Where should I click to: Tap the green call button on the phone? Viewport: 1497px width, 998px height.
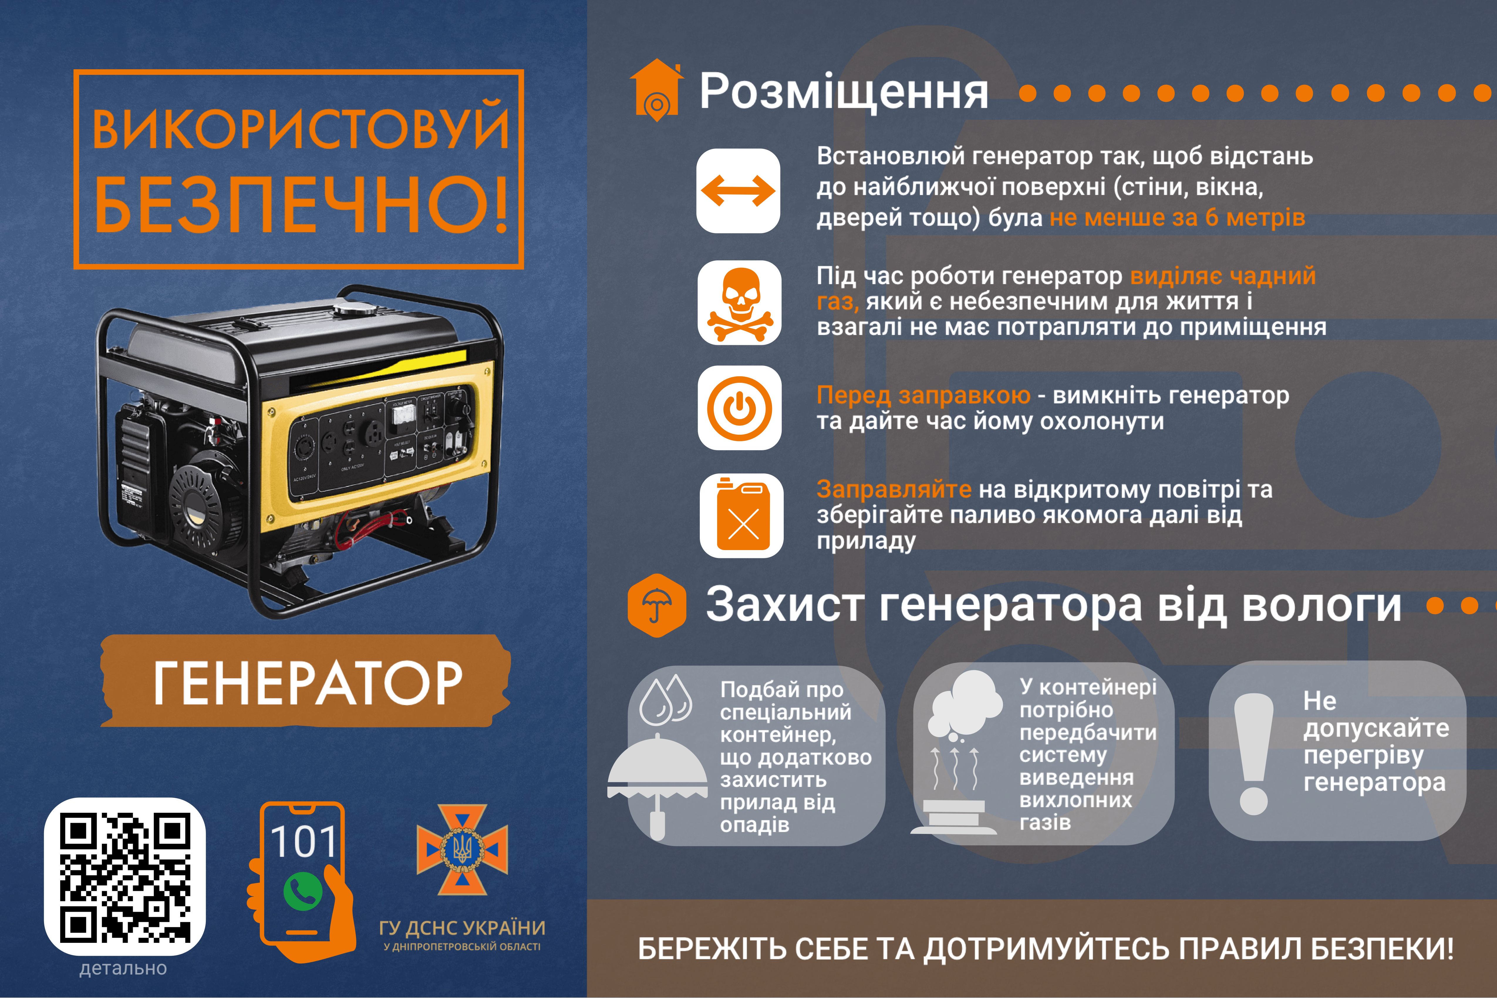coord(303,892)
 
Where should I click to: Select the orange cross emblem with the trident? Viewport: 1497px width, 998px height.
coord(462,849)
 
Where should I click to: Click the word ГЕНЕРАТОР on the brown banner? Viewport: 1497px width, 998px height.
coord(307,682)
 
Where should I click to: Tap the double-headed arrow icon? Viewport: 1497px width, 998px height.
coord(738,190)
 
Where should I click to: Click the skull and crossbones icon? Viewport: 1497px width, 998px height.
coord(740,304)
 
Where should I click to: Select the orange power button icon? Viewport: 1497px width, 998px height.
coord(740,408)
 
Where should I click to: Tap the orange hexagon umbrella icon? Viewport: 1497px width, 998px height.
coord(657,605)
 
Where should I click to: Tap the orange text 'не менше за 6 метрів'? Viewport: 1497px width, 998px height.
coord(1177,218)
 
